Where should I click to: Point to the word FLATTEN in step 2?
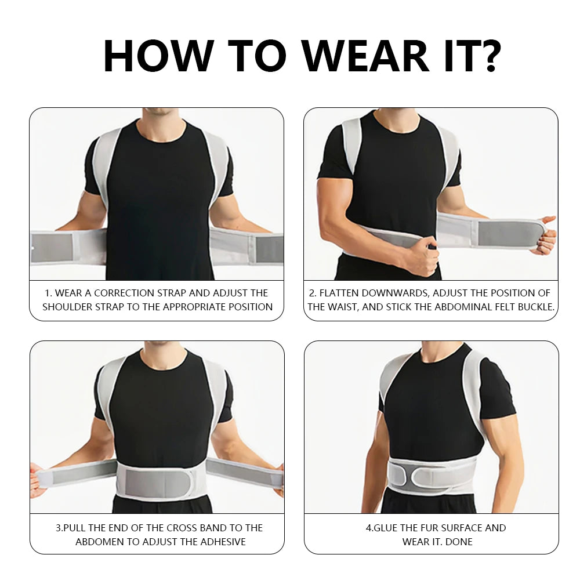pos(351,293)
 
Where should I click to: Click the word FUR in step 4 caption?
pos(425,528)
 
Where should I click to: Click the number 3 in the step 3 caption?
pos(59,528)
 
